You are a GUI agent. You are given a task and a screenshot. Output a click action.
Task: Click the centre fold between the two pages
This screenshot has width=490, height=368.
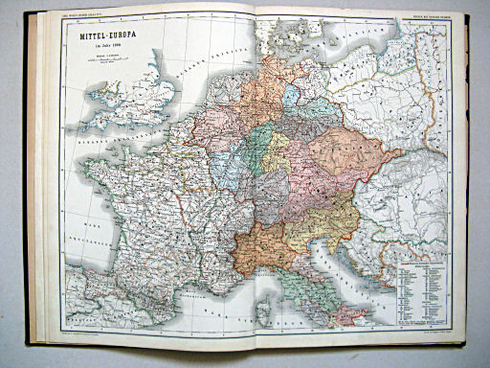[x=257, y=182]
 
